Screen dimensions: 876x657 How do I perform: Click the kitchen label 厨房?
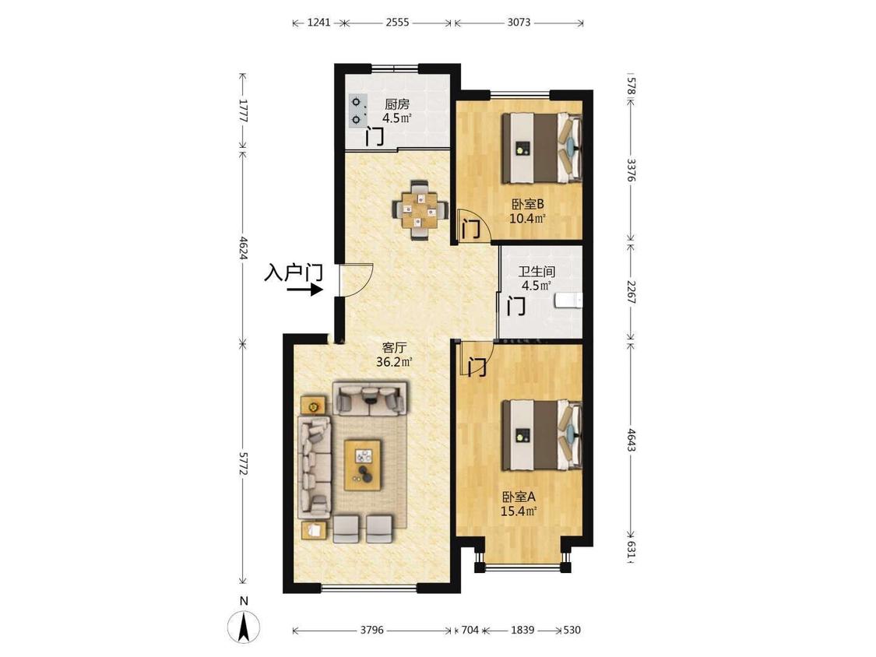(397, 104)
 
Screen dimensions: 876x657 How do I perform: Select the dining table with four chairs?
(421, 209)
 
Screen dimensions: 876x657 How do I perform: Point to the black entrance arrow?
(305, 290)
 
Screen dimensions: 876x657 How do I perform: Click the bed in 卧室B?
(541, 148)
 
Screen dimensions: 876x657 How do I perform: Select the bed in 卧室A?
(541, 434)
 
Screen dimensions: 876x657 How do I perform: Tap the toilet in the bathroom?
(568, 300)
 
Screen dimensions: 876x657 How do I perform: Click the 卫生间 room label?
(537, 272)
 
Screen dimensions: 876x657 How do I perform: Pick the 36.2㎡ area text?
(395, 362)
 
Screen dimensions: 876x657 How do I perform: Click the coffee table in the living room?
(363, 465)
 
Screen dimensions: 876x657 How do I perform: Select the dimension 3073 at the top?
(519, 23)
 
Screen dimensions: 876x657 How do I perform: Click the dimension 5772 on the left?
(242, 463)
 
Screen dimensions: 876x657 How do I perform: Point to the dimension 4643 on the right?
(631, 441)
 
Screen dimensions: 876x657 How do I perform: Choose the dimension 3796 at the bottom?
(372, 631)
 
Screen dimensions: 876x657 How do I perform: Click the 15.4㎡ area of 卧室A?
(519, 511)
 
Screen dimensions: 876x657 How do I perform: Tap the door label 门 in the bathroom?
(516, 306)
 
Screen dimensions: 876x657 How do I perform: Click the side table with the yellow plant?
(313, 406)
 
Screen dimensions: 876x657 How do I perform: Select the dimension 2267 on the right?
(631, 292)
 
